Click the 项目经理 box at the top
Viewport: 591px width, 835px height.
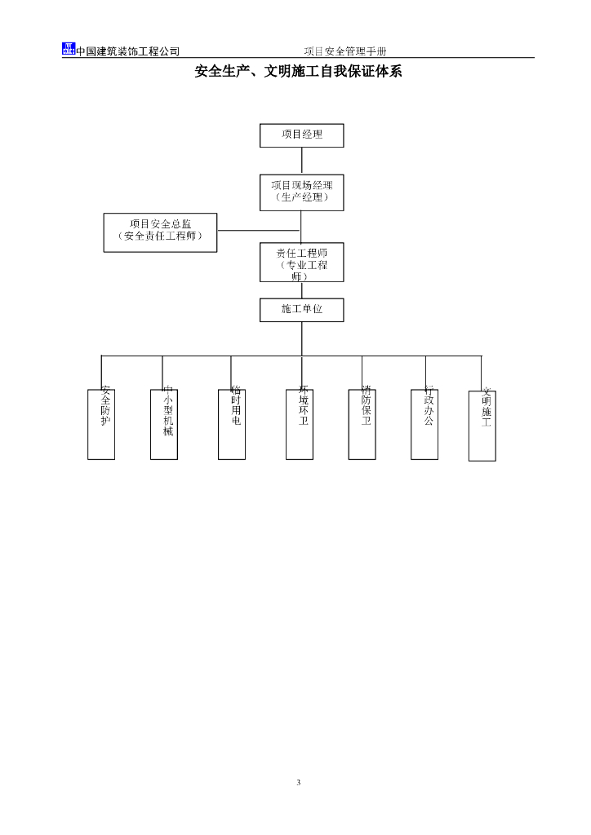click(301, 135)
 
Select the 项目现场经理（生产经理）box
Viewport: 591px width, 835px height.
click(301, 192)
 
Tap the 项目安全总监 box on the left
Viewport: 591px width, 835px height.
click(161, 232)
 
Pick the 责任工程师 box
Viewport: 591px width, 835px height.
click(301, 263)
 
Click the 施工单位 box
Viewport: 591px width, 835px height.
click(301, 310)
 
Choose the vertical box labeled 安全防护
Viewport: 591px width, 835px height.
click(101, 424)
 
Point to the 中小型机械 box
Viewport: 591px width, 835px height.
click(164, 424)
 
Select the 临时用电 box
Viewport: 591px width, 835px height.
click(232, 424)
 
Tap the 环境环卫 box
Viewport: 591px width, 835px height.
click(300, 424)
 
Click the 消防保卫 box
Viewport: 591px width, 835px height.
click(362, 424)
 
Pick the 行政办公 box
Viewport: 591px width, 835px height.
click(425, 424)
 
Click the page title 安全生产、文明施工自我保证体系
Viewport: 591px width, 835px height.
click(298, 72)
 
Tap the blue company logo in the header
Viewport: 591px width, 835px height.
click(69, 49)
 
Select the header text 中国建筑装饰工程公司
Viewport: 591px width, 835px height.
click(127, 51)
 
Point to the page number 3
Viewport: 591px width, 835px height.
click(298, 783)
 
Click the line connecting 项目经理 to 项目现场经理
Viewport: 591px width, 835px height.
click(301, 161)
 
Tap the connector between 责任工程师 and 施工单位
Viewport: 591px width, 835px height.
click(301, 290)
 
